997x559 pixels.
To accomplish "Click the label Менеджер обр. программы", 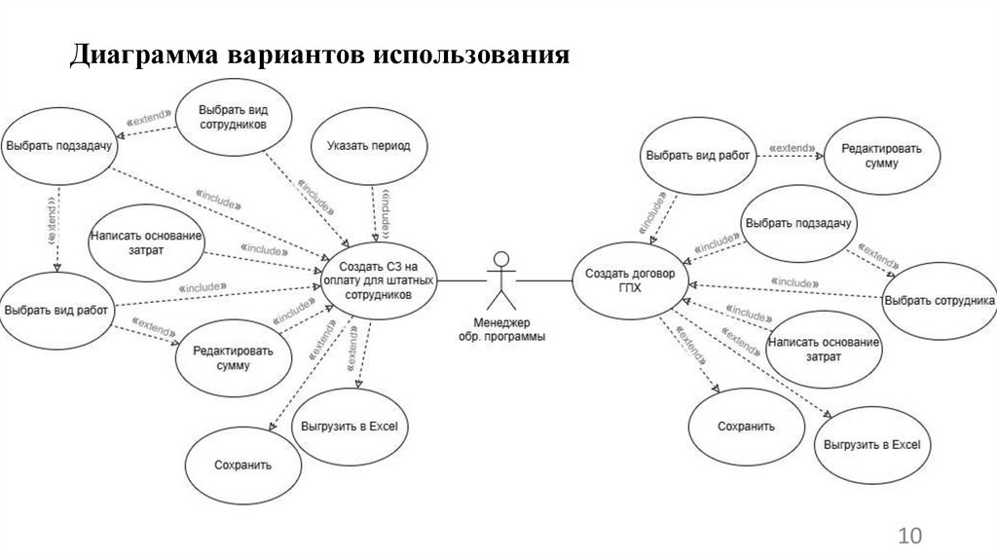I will (x=501, y=329).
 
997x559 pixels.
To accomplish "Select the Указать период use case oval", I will (x=362, y=146).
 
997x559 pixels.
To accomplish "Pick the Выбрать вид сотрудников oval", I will (x=233, y=118).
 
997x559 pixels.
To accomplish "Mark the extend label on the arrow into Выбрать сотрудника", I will (x=880, y=254).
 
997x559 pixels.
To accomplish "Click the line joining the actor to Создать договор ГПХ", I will (x=545, y=280).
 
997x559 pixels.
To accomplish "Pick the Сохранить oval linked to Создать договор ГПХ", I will (x=746, y=426).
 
